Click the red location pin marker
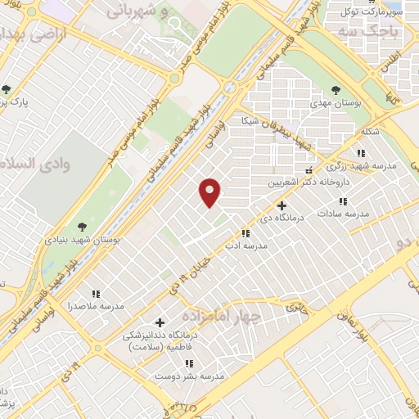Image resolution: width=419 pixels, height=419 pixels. (210, 192)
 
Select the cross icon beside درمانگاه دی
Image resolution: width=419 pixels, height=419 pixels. (282, 206)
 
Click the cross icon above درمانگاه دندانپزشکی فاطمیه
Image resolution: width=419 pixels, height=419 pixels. (160, 322)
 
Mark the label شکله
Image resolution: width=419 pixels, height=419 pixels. (370, 132)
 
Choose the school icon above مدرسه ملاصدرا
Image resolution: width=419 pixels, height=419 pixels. (96, 293)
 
